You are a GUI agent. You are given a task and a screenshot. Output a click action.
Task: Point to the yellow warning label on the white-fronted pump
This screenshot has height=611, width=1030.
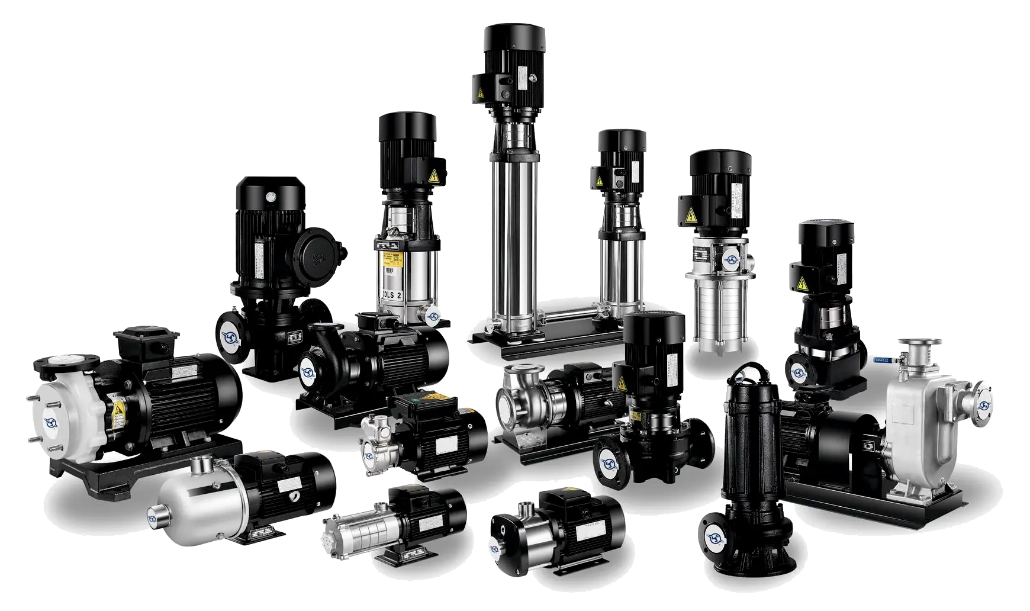tap(118, 408)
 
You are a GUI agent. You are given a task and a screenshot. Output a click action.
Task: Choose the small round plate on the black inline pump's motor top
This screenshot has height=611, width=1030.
tap(272, 193)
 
